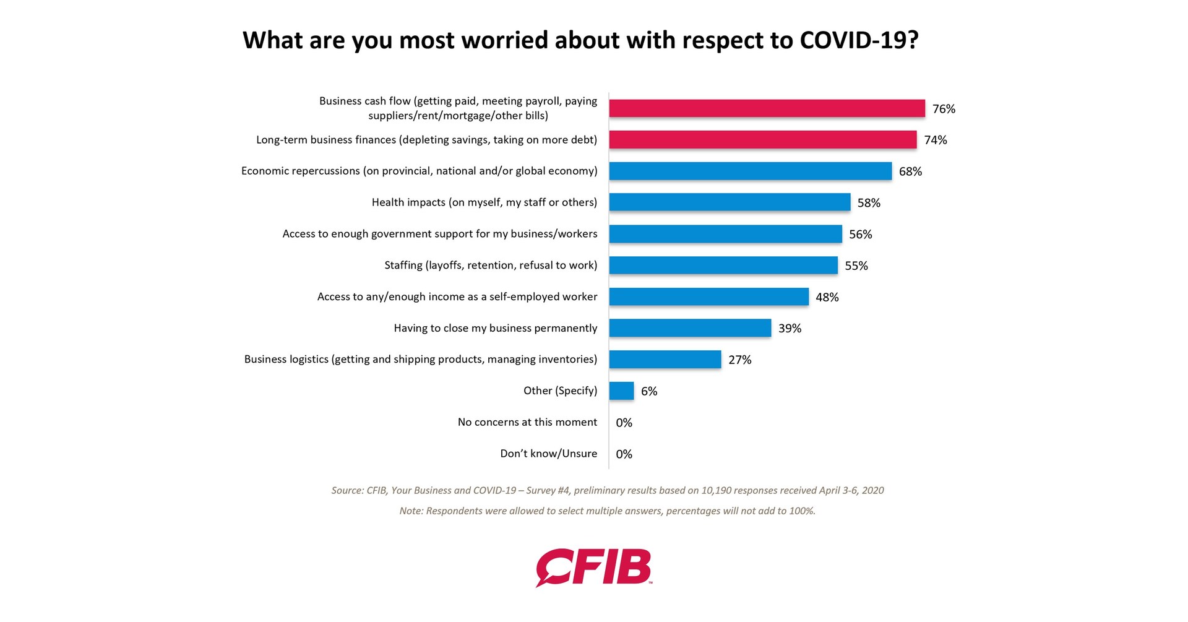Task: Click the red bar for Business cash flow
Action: point(767,108)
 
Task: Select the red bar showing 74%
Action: point(762,140)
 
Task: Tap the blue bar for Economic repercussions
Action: point(750,171)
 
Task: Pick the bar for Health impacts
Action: point(730,202)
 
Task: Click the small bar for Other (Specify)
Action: point(621,391)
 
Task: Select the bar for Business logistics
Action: point(665,360)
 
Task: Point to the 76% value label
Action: point(944,109)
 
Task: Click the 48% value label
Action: point(827,297)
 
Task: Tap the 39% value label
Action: point(790,329)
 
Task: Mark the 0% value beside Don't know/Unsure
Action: point(624,454)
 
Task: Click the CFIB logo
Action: point(593,567)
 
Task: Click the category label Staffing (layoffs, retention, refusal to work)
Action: point(491,266)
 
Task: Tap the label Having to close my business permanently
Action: point(495,328)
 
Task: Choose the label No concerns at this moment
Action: point(527,422)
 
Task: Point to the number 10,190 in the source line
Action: point(717,491)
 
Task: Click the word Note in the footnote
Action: point(411,511)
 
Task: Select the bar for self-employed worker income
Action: point(708,297)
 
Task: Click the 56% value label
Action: point(860,235)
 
